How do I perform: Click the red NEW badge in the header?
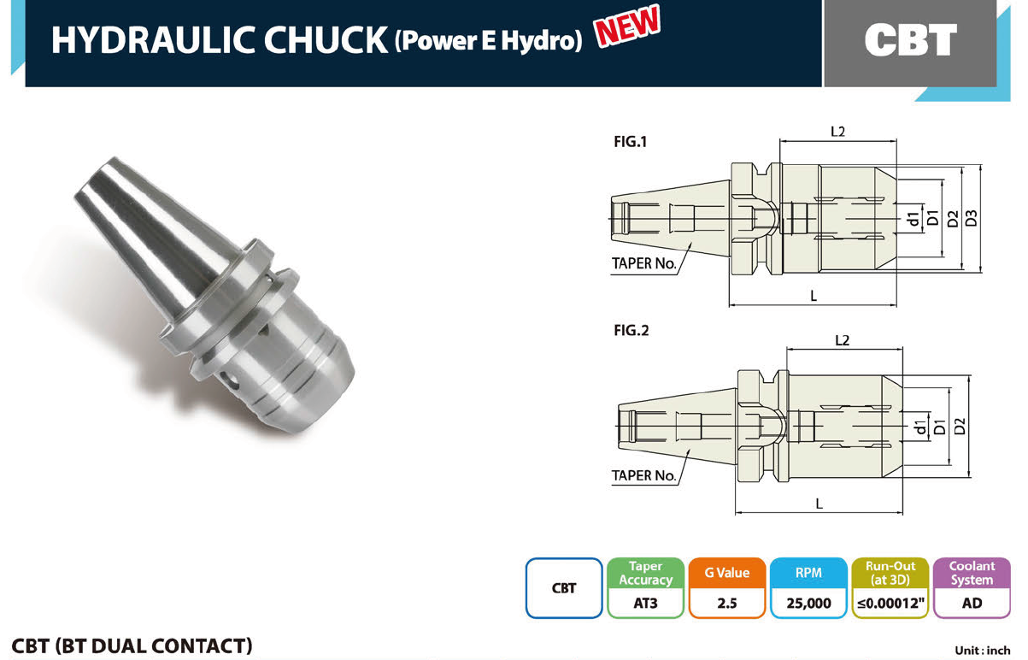tap(627, 26)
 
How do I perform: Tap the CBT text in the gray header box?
tap(911, 40)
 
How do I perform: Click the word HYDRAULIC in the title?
tap(153, 40)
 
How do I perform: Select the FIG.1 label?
tap(631, 142)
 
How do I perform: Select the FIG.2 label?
tap(631, 330)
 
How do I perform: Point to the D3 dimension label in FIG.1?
tap(971, 218)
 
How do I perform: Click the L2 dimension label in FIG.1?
tap(837, 132)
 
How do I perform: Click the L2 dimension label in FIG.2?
tap(842, 340)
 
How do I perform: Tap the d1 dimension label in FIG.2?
tap(920, 427)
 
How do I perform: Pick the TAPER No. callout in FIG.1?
tap(643, 263)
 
